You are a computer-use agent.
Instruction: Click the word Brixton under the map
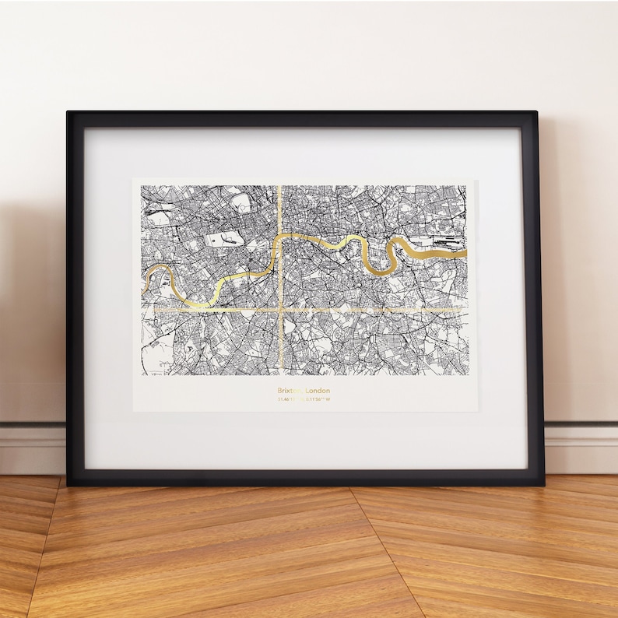(289, 390)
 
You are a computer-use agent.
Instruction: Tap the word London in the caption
(318, 390)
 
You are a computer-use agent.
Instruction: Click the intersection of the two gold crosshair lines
(279, 309)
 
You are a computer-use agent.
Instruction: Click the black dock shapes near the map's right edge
(444, 242)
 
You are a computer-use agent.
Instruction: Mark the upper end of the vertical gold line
(279, 188)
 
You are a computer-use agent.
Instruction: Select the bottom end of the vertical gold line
(279, 374)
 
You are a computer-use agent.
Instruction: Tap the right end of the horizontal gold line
(465, 309)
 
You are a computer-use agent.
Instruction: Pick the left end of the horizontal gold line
(155, 309)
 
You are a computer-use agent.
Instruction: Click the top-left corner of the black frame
(68, 114)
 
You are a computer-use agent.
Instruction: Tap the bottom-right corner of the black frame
(542, 483)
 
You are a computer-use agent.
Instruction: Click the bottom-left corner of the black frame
(69, 483)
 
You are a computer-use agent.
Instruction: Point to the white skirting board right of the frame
(581, 448)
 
